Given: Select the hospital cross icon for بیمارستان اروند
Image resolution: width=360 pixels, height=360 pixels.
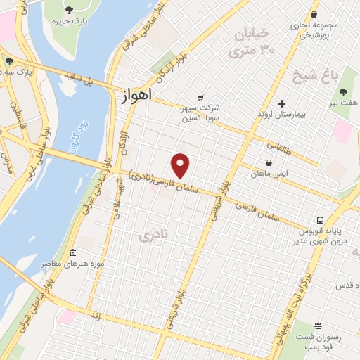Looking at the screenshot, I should pyautogui.click(x=281, y=103).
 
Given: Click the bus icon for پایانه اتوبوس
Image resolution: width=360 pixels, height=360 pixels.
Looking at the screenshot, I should pyautogui.click(x=320, y=220).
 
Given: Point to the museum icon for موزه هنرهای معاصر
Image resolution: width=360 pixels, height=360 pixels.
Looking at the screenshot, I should pyautogui.click(x=73, y=252).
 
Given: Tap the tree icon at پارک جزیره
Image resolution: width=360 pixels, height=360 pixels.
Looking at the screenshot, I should pyautogui.click(x=70, y=10).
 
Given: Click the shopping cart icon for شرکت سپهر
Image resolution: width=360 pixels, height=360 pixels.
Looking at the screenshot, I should pyautogui.click(x=201, y=97).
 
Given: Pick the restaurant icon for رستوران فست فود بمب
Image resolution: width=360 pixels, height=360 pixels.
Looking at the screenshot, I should pyautogui.click(x=319, y=326).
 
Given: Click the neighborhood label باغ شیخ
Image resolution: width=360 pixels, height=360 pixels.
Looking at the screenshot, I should pyautogui.click(x=326, y=73).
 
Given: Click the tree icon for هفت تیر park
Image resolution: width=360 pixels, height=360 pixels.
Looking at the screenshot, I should pyautogui.click(x=342, y=92).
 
